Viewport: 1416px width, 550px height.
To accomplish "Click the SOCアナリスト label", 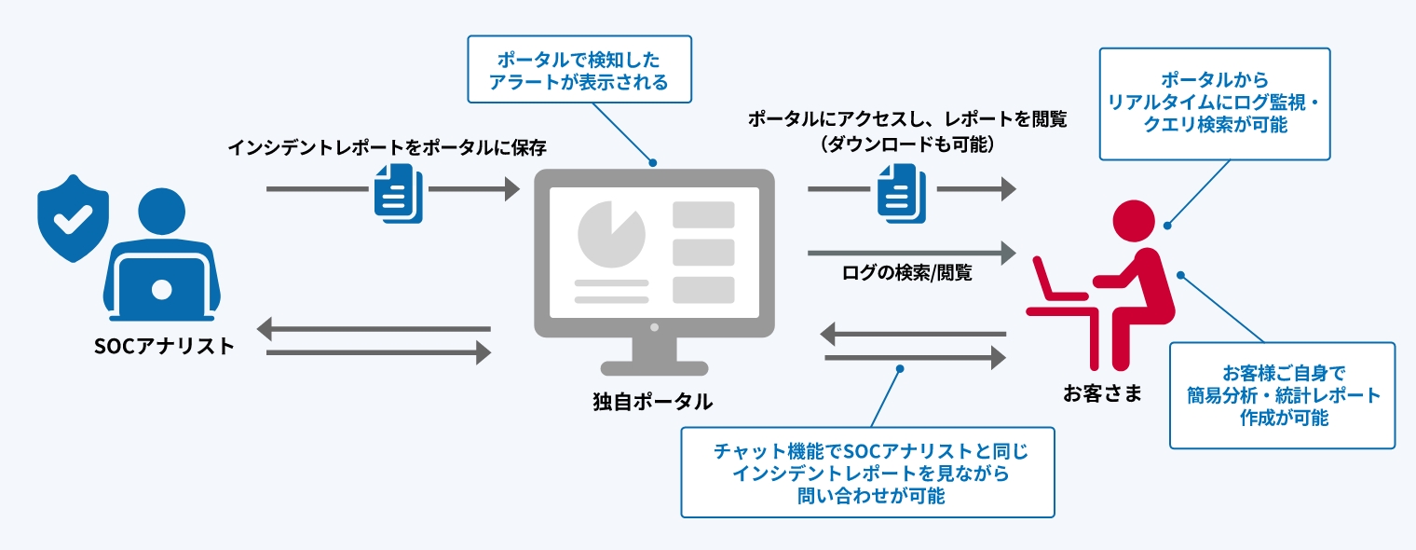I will point(164,346).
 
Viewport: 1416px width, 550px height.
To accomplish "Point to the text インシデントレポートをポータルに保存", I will point(387,147).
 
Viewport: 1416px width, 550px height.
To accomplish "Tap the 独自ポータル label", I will point(653,402).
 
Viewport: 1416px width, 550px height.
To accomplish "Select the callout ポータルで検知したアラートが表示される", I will point(579,70).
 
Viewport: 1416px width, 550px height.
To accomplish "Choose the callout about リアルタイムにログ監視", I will point(1214,103).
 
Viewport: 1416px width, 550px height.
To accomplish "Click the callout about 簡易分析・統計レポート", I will point(1282,395).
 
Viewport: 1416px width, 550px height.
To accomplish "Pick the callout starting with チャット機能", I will point(867,473).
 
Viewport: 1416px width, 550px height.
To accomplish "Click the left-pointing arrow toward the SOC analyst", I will point(373,329).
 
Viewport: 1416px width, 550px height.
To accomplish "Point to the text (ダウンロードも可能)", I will point(907,144).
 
